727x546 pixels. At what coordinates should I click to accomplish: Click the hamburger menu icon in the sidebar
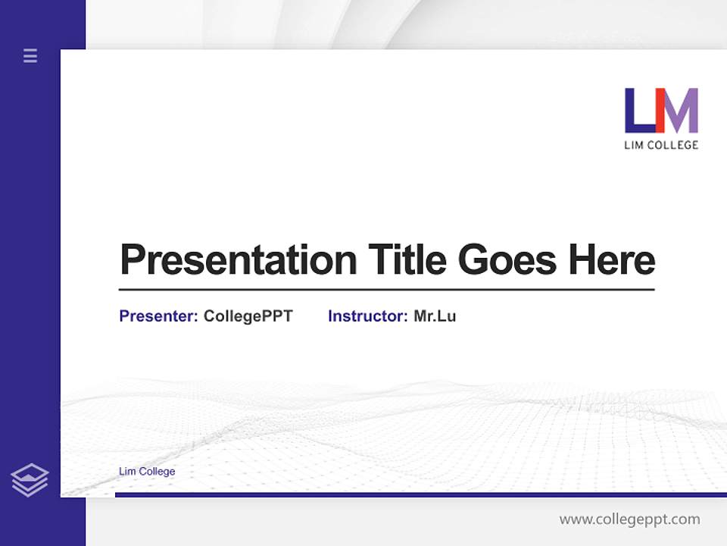pyautogui.click(x=30, y=55)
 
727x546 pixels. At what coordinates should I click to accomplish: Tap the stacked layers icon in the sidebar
pyautogui.click(x=30, y=480)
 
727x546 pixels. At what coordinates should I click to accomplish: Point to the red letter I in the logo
pyautogui.click(x=660, y=111)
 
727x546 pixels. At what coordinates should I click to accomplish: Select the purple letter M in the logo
pyautogui.click(x=682, y=111)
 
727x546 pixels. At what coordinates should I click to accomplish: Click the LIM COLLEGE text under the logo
pyautogui.click(x=661, y=145)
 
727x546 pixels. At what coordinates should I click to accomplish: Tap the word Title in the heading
pyautogui.click(x=407, y=260)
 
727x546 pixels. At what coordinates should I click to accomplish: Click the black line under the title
pyautogui.click(x=386, y=290)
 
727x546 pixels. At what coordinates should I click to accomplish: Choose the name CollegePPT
pyautogui.click(x=248, y=316)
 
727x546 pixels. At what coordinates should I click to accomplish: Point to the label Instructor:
pyautogui.click(x=368, y=316)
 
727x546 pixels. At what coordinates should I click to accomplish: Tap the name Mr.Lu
pyautogui.click(x=435, y=316)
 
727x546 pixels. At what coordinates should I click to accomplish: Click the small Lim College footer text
pyautogui.click(x=147, y=472)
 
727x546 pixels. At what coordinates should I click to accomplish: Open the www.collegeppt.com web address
pyautogui.click(x=630, y=519)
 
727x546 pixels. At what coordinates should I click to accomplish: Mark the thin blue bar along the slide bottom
pyautogui.click(x=420, y=494)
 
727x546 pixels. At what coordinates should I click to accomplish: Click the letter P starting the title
pyautogui.click(x=132, y=260)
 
